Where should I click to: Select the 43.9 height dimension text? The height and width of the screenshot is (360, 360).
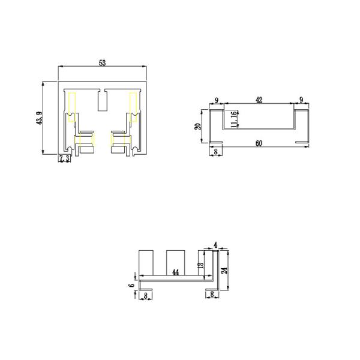pyautogui.click(x=40, y=118)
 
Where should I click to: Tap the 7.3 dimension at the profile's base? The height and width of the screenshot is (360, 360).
pyautogui.click(x=64, y=158)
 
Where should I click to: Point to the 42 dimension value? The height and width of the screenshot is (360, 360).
pyautogui.click(x=259, y=100)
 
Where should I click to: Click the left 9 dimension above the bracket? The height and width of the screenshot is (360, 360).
pyautogui.click(x=216, y=100)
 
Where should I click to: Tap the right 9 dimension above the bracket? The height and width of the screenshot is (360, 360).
pyautogui.click(x=301, y=100)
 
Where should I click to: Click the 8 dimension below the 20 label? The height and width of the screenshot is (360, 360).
pyautogui.click(x=215, y=152)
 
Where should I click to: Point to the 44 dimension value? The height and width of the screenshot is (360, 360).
pyautogui.click(x=175, y=272)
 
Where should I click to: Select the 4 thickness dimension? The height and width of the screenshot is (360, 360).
pyautogui.click(x=216, y=245)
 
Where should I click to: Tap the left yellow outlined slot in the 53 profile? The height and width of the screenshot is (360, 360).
pyautogui.click(x=73, y=107)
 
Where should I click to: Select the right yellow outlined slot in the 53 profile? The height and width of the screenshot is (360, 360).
pyautogui.click(x=133, y=107)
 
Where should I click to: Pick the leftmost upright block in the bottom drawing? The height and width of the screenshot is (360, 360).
pyautogui.click(x=148, y=262)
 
